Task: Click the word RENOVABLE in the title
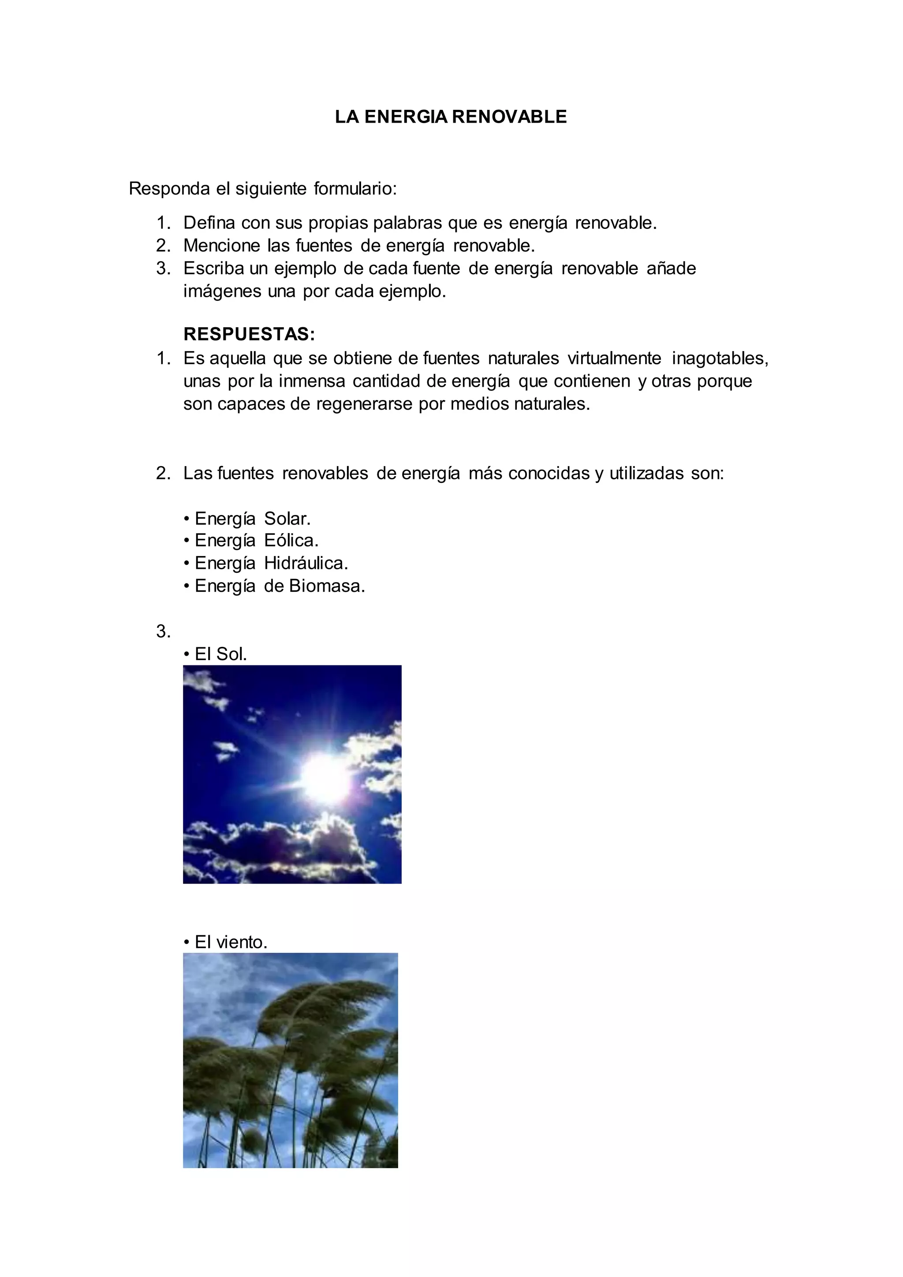tap(509, 117)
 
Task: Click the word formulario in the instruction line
tap(355, 189)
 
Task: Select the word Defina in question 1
tap(209, 223)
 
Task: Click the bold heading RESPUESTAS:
tap(249, 334)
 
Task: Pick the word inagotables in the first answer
tap(720, 358)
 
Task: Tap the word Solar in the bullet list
tap(286, 519)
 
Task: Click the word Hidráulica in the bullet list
tap(305, 564)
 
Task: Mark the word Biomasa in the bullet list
tap(326, 586)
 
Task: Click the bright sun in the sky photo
tap(324, 777)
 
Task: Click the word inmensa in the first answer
tap(312, 381)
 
